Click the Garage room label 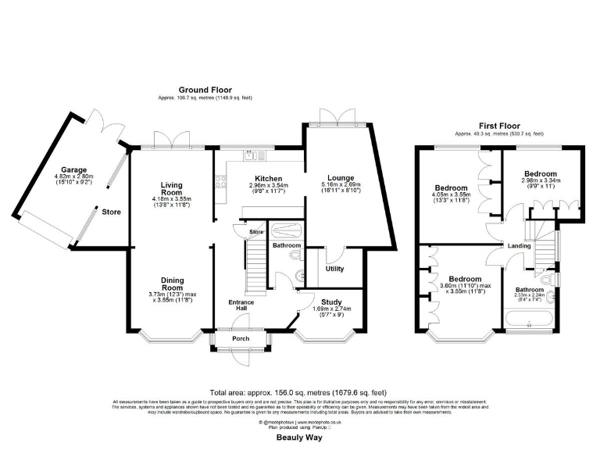(75, 170)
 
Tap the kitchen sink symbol (248, 155)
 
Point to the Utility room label (334, 269)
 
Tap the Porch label (240, 339)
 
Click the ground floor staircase (255, 266)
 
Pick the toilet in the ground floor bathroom (295, 255)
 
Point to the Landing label (520, 246)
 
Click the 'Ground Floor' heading (205, 91)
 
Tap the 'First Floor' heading (499, 125)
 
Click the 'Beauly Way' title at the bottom (299, 438)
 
